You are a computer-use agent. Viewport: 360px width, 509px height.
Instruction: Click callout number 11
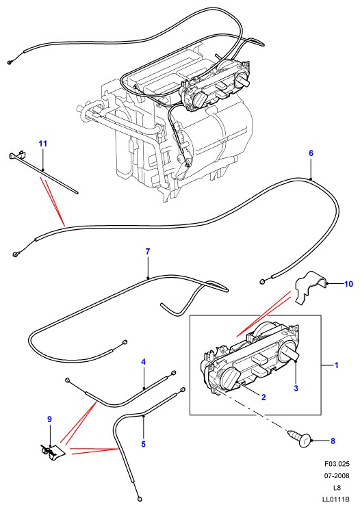pyautogui.click(x=43, y=143)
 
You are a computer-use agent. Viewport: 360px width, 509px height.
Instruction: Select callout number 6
pyautogui.click(x=311, y=153)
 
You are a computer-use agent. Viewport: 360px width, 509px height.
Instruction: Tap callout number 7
pyautogui.click(x=148, y=251)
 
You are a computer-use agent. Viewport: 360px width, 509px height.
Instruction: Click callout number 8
pyautogui.click(x=333, y=441)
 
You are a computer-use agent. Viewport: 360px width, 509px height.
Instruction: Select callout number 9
pyautogui.click(x=49, y=419)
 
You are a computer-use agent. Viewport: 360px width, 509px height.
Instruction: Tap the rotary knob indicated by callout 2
pyautogui.click(x=230, y=378)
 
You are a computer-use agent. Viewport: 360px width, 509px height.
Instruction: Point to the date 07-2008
pyautogui.click(x=337, y=476)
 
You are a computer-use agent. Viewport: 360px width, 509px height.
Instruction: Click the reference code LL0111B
pyautogui.click(x=337, y=499)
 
